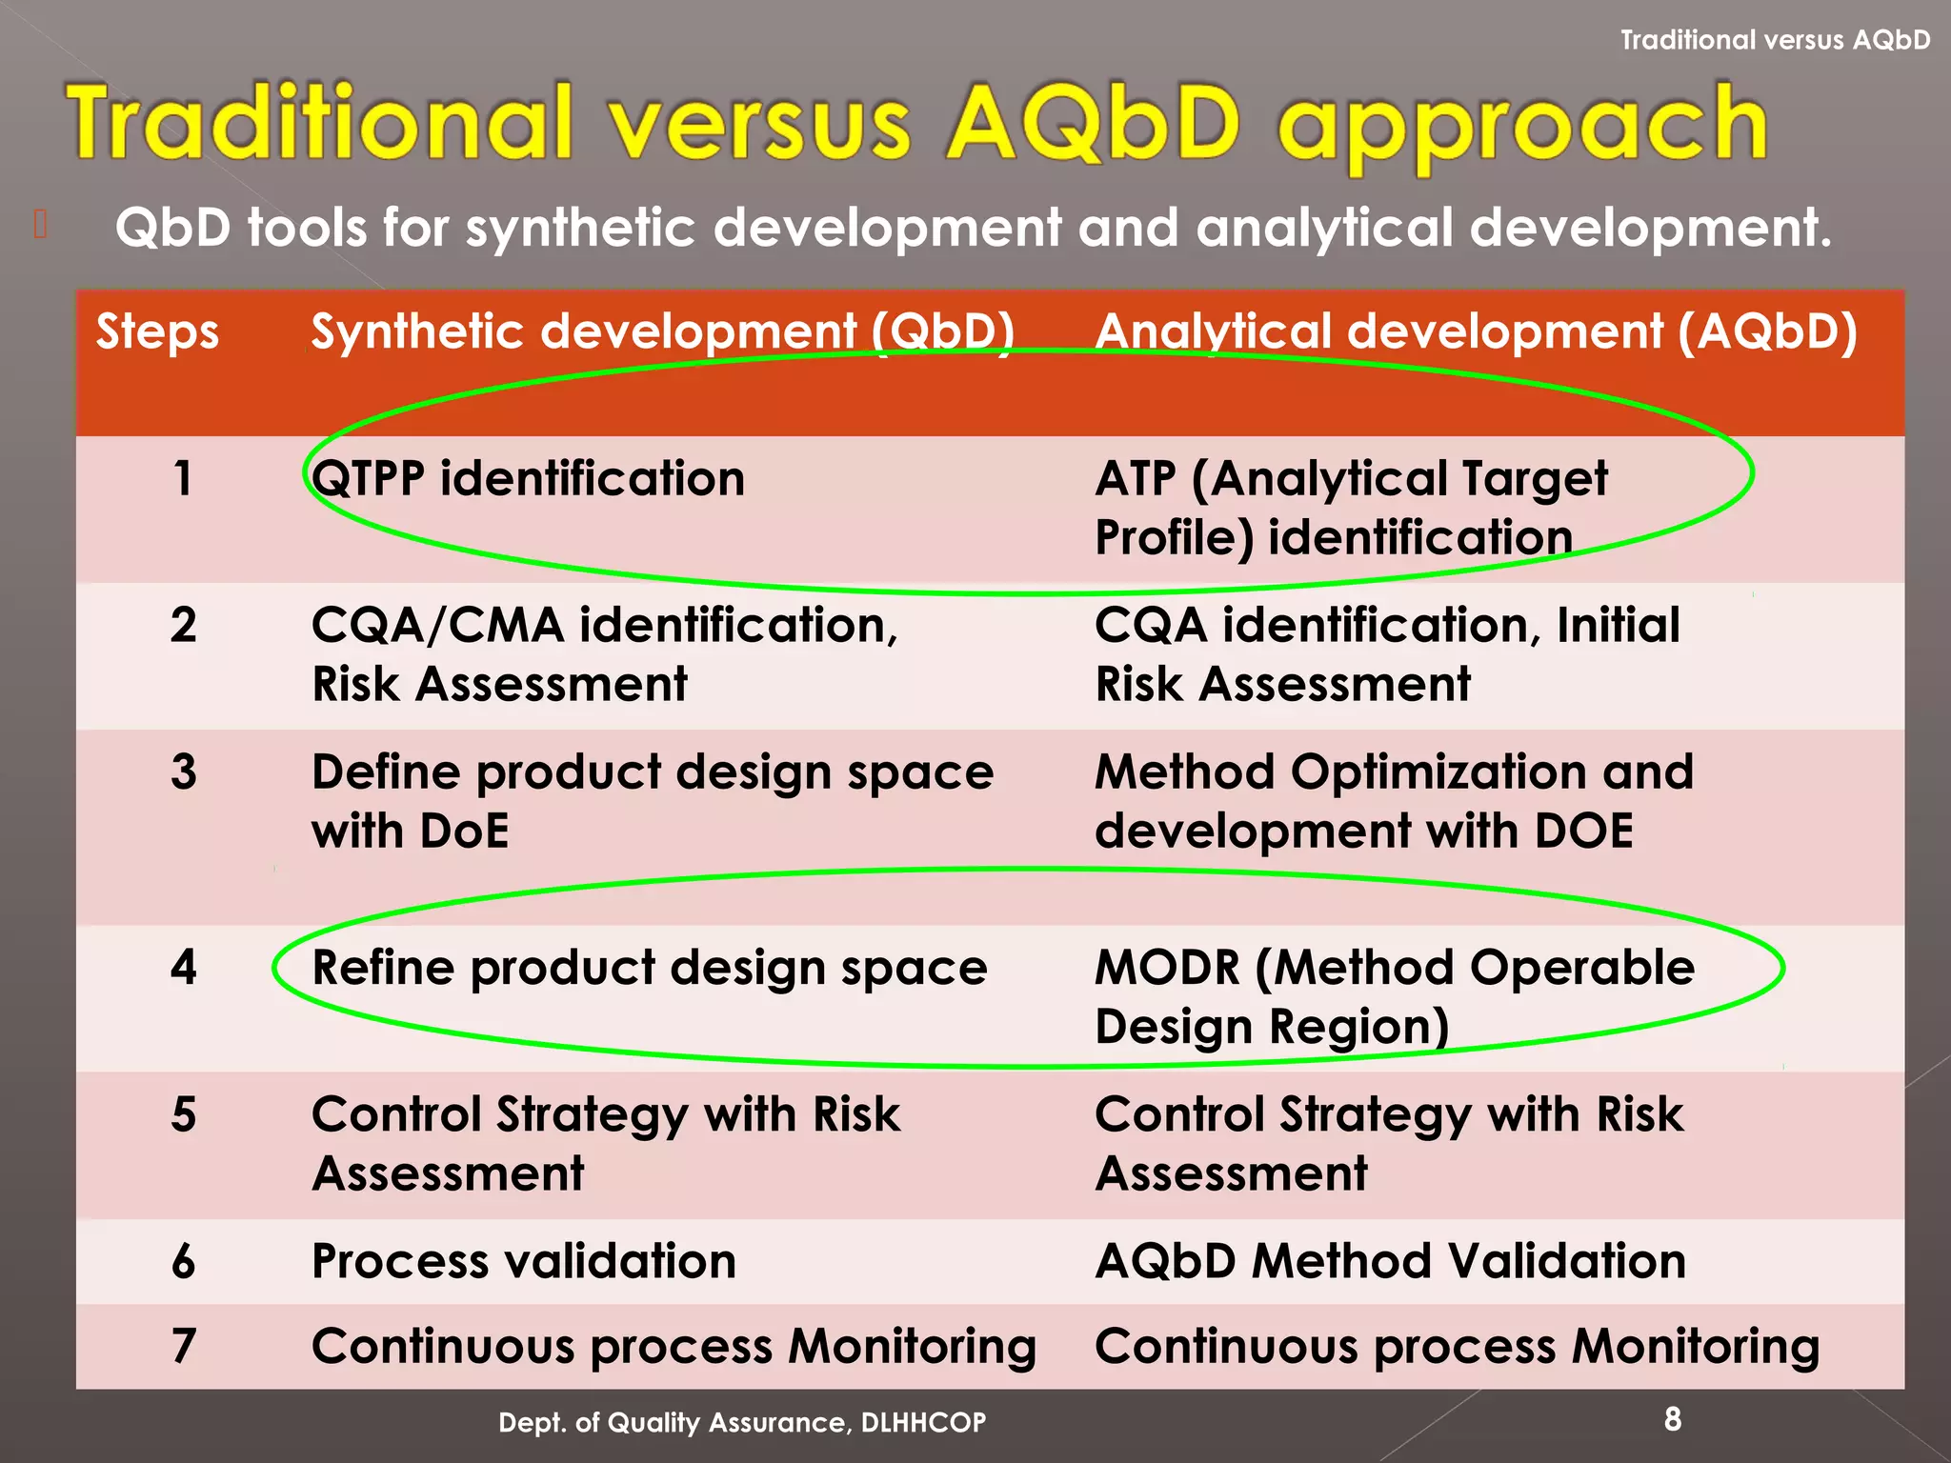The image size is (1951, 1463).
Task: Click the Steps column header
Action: point(157,333)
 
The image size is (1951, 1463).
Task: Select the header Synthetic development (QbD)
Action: point(663,333)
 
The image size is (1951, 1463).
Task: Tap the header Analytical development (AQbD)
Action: point(1476,333)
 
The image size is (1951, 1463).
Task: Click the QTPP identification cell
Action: point(528,479)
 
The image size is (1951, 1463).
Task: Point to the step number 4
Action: point(184,968)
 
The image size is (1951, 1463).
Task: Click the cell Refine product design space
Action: point(650,969)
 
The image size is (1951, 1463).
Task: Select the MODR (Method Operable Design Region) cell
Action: point(1394,997)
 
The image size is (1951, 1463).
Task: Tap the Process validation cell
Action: point(524,1262)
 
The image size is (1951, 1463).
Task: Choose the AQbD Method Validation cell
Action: point(1390,1262)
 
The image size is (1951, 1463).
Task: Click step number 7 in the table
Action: point(184,1347)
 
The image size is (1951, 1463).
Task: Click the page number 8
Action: point(1673,1419)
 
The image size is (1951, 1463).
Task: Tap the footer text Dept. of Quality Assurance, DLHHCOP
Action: point(742,1423)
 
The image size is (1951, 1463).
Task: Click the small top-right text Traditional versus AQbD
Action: point(1775,40)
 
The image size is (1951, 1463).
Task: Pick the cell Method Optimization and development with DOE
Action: point(1394,801)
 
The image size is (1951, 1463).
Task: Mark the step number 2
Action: point(184,626)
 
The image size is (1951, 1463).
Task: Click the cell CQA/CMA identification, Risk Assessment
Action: point(604,655)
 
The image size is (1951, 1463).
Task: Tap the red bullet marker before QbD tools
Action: point(40,225)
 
